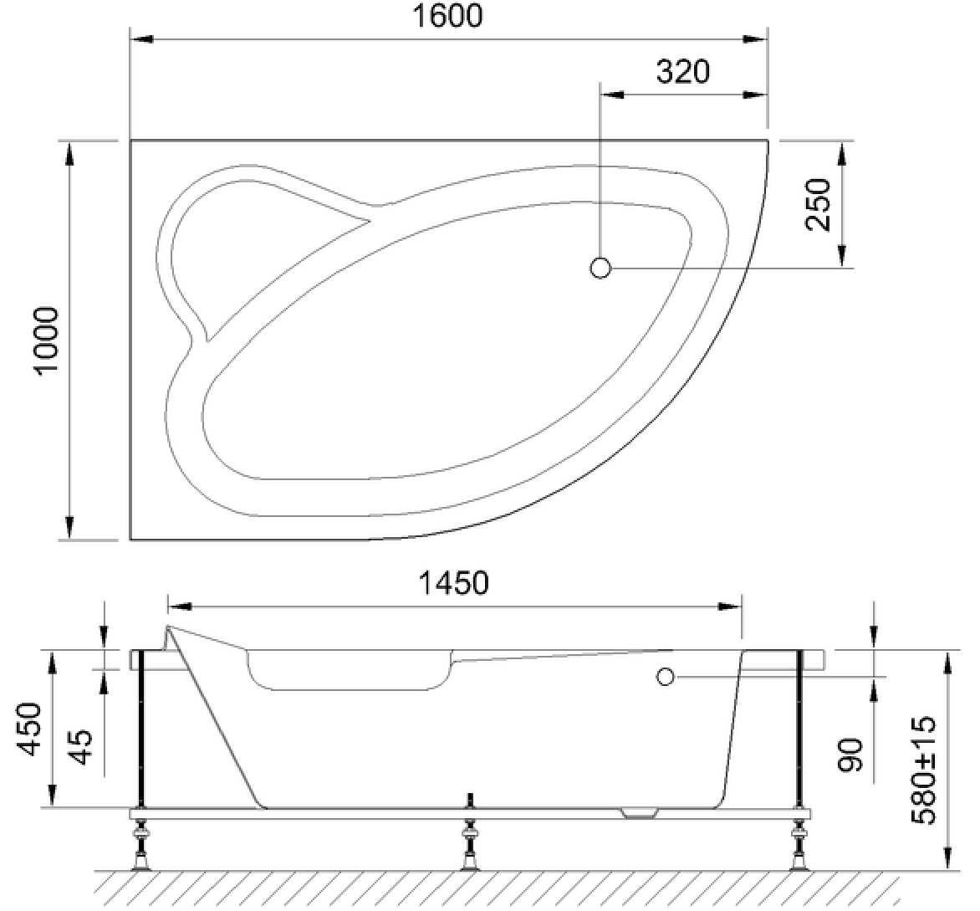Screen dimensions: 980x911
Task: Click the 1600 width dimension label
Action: (447, 16)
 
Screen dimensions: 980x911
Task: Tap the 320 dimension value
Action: (682, 72)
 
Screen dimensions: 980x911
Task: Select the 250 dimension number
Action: (819, 205)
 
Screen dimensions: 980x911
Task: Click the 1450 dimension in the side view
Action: (453, 583)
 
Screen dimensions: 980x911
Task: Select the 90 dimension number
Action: (850, 754)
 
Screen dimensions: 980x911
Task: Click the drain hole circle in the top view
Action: (600, 268)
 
